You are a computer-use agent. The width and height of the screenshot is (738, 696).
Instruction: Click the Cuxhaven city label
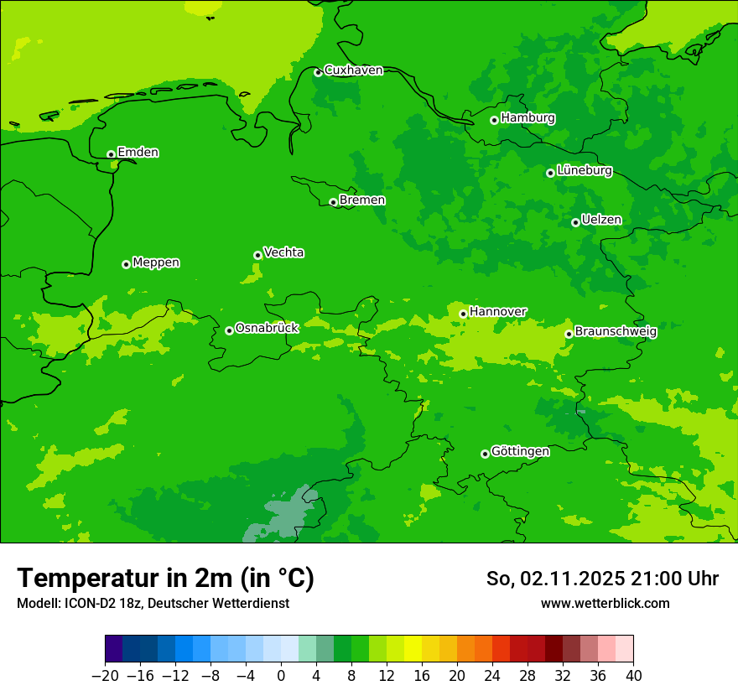point(353,70)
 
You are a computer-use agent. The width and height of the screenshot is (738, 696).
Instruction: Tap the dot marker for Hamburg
point(495,120)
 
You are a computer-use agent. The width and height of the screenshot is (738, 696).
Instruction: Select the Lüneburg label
point(585,170)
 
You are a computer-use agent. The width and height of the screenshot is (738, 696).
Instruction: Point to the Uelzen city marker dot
point(576,222)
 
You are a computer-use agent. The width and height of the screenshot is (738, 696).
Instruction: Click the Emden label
point(138,152)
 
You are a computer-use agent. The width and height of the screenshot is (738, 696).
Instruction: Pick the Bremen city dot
point(334,202)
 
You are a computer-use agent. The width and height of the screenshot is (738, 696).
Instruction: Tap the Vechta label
point(284,252)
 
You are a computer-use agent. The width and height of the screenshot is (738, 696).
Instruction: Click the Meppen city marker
point(127,264)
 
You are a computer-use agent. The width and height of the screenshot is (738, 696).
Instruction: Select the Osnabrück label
point(267,328)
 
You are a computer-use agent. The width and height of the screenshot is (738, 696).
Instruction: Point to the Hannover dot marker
point(464,314)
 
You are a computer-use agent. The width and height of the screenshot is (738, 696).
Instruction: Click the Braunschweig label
point(616,331)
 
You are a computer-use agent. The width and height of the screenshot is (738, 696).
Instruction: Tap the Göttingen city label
point(520,451)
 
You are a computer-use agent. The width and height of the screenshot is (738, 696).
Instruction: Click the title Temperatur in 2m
point(165,578)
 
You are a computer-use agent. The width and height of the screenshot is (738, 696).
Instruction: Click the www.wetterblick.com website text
point(605,603)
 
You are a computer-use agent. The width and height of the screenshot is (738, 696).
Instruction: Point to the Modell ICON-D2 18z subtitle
point(153,603)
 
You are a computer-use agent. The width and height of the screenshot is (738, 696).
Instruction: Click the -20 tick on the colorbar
point(106,675)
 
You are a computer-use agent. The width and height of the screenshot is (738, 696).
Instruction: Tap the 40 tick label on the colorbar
point(633,675)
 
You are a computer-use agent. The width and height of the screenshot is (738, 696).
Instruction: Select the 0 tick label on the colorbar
point(281,675)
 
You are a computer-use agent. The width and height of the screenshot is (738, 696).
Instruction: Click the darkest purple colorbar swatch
point(114,649)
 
